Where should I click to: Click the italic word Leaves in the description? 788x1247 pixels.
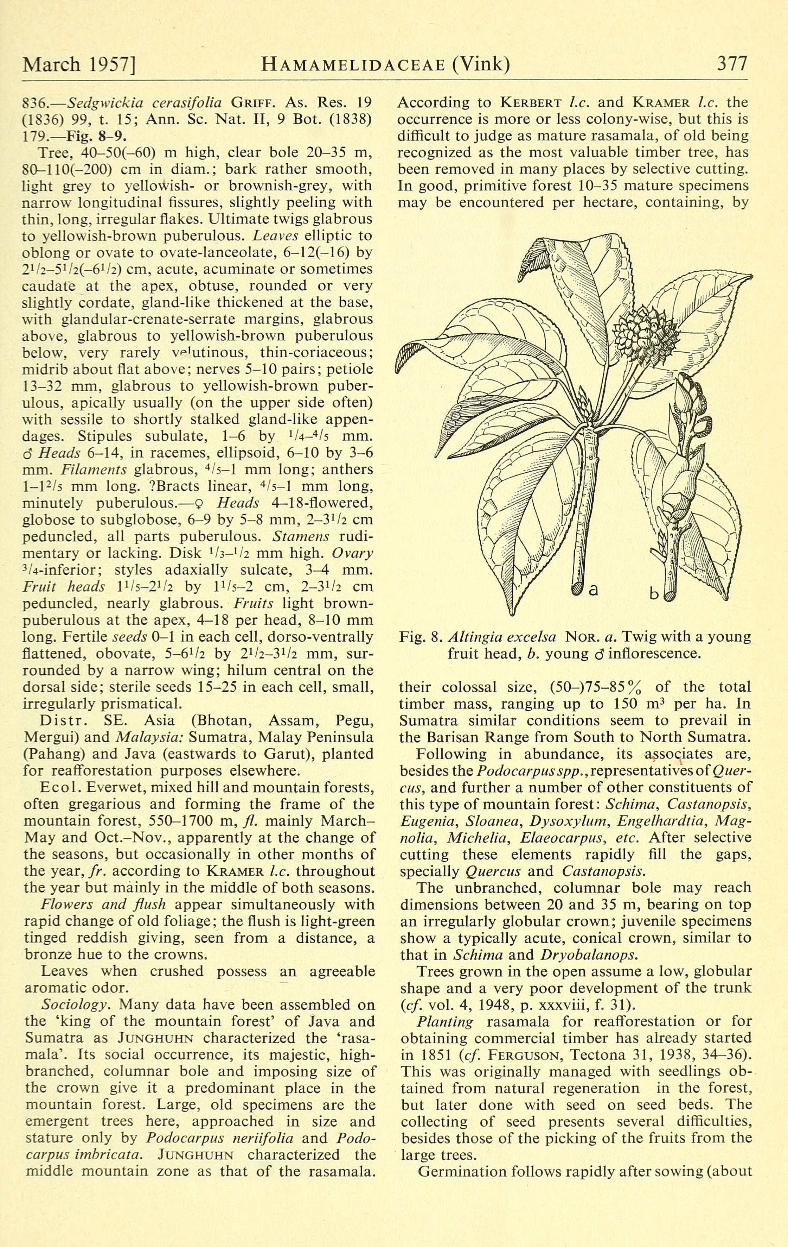(275, 235)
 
